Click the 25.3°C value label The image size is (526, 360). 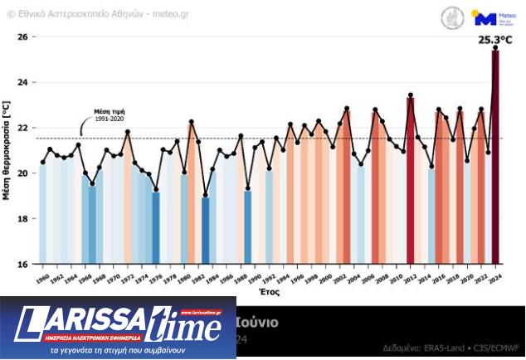(495, 38)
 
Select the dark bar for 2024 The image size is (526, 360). (495, 158)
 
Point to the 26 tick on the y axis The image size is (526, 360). (22, 37)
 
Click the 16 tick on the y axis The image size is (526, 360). (22, 264)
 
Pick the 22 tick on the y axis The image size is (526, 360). (22, 128)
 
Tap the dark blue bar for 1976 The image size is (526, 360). (155, 227)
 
